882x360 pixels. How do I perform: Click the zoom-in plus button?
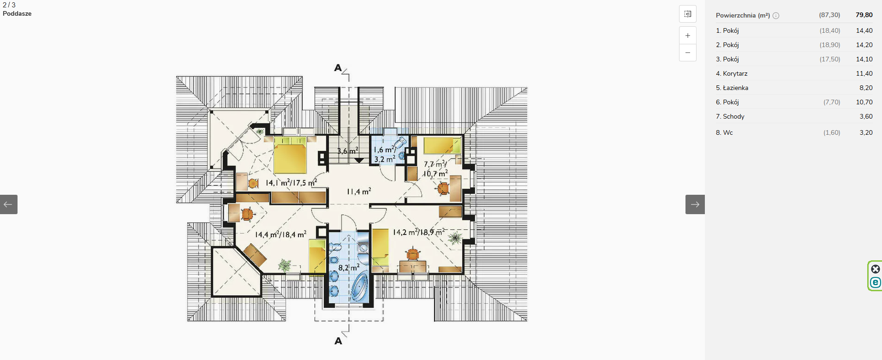pos(688,36)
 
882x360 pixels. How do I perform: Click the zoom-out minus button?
pos(688,53)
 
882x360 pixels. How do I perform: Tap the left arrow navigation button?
pos(9,204)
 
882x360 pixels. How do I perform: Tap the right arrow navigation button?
pos(695,204)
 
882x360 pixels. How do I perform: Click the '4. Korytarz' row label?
pos(732,73)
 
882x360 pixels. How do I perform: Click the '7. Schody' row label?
pos(730,116)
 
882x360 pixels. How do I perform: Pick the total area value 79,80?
pos(864,15)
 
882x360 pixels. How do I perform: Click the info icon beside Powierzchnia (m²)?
pos(776,16)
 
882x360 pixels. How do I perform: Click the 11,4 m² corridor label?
pos(359,191)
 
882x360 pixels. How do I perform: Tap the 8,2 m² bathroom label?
pos(349,267)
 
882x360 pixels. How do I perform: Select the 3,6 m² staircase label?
pos(347,151)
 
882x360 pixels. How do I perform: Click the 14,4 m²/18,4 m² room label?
pos(280,234)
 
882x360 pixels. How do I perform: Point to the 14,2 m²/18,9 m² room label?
pos(418,232)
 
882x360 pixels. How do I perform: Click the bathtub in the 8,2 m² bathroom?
pos(360,288)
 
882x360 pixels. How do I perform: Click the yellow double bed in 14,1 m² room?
pos(290,155)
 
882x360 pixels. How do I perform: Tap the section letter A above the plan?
pos(338,68)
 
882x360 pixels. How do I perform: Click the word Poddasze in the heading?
pos(17,13)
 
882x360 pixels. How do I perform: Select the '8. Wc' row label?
pos(724,132)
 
